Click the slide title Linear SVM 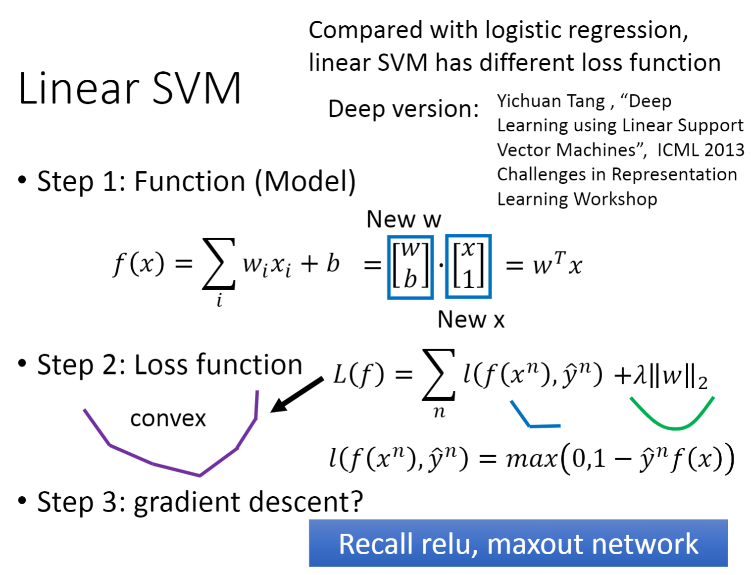130,88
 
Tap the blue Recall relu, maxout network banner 518,543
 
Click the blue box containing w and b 410,266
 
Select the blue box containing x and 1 468,266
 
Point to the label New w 403,219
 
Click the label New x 471,319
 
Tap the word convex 168,418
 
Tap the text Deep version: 403,108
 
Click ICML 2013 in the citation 701,150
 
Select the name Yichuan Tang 551,101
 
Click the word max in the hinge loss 531,459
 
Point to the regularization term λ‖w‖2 666,376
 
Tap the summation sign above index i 219,263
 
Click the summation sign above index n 439,375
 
